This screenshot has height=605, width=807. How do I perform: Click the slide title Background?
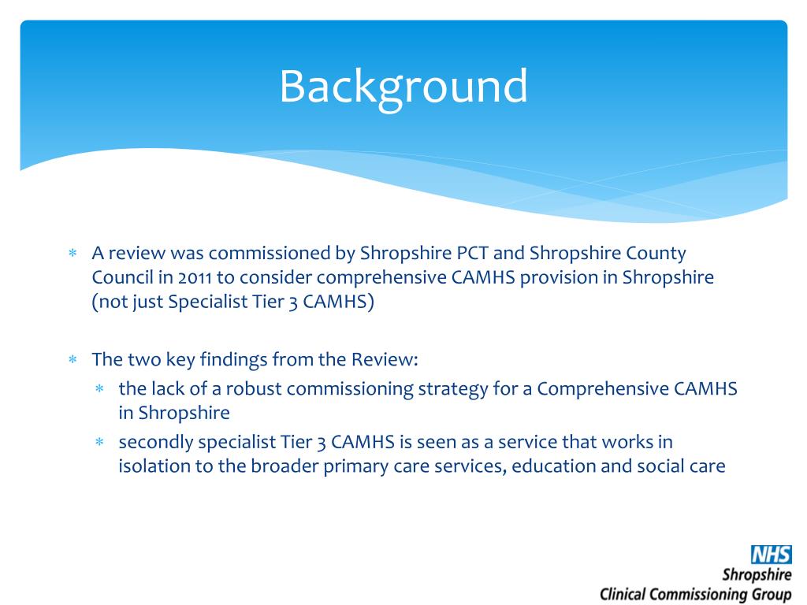tap(403, 87)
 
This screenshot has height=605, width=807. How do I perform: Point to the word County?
tap(656, 254)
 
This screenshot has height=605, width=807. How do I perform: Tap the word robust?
tap(251, 388)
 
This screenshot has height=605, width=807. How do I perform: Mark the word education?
tap(553, 466)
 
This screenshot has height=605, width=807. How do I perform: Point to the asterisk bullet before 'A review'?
tap(72, 254)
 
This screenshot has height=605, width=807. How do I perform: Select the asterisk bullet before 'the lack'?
tap(99, 389)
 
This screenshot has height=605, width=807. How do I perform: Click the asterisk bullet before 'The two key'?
tap(72, 360)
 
